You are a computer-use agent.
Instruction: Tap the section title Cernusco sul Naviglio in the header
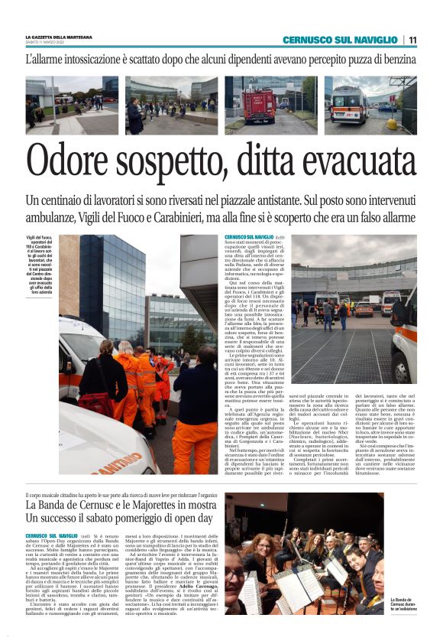pos(340,40)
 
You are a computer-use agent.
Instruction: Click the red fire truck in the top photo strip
pos(260,105)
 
